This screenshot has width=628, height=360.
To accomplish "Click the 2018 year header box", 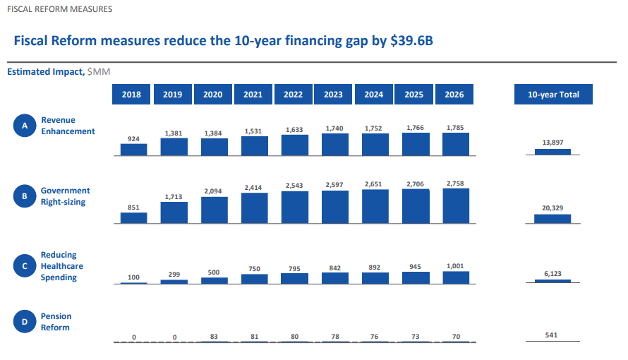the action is point(131,94).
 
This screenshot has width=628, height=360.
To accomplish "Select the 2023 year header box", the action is point(333,94).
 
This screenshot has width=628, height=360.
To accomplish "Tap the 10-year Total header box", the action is point(553,94).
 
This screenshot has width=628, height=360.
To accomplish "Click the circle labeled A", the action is point(25,126).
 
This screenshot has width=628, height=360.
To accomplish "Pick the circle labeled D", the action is point(25,322).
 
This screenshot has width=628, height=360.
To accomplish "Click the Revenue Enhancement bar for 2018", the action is point(134,150).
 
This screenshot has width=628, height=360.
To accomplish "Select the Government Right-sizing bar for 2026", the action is point(456,206).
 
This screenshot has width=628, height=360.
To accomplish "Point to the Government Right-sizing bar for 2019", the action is point(174,212).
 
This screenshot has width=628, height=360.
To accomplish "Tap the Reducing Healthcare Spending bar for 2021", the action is point(254,279).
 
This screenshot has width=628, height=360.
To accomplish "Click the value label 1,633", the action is point(294,130).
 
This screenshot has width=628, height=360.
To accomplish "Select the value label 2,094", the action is point(212,191).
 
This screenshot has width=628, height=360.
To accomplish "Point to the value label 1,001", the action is point(455,266).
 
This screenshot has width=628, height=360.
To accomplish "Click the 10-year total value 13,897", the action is point(552,142).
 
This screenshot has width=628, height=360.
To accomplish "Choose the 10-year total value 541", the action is point(551,335).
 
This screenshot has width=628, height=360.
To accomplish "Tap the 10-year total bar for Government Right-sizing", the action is point(552,219).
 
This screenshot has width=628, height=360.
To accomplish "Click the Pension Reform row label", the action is point(56,322).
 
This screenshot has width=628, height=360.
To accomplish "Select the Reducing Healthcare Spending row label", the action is point(62,266).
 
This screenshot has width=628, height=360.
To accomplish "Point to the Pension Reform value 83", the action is point(214,337).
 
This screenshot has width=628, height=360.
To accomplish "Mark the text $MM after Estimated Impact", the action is point(99,72).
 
